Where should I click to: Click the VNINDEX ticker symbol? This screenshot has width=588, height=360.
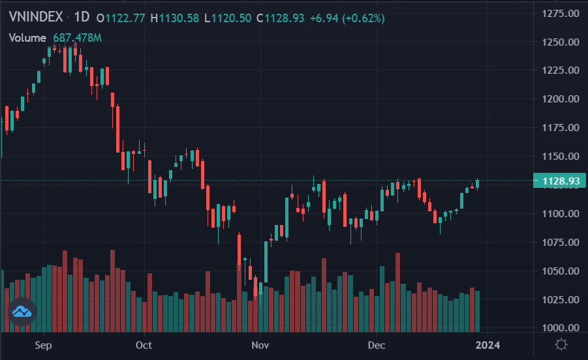[31, 18]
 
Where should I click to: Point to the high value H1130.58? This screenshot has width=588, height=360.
[174, 18]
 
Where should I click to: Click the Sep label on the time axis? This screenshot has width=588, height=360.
[44, 344]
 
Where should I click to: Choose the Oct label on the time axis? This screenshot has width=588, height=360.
[144, 344]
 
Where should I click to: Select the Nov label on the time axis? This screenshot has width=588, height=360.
[260, 344]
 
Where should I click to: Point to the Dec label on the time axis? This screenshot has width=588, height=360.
[377, 344]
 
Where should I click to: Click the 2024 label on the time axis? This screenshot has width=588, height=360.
[487, 344]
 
